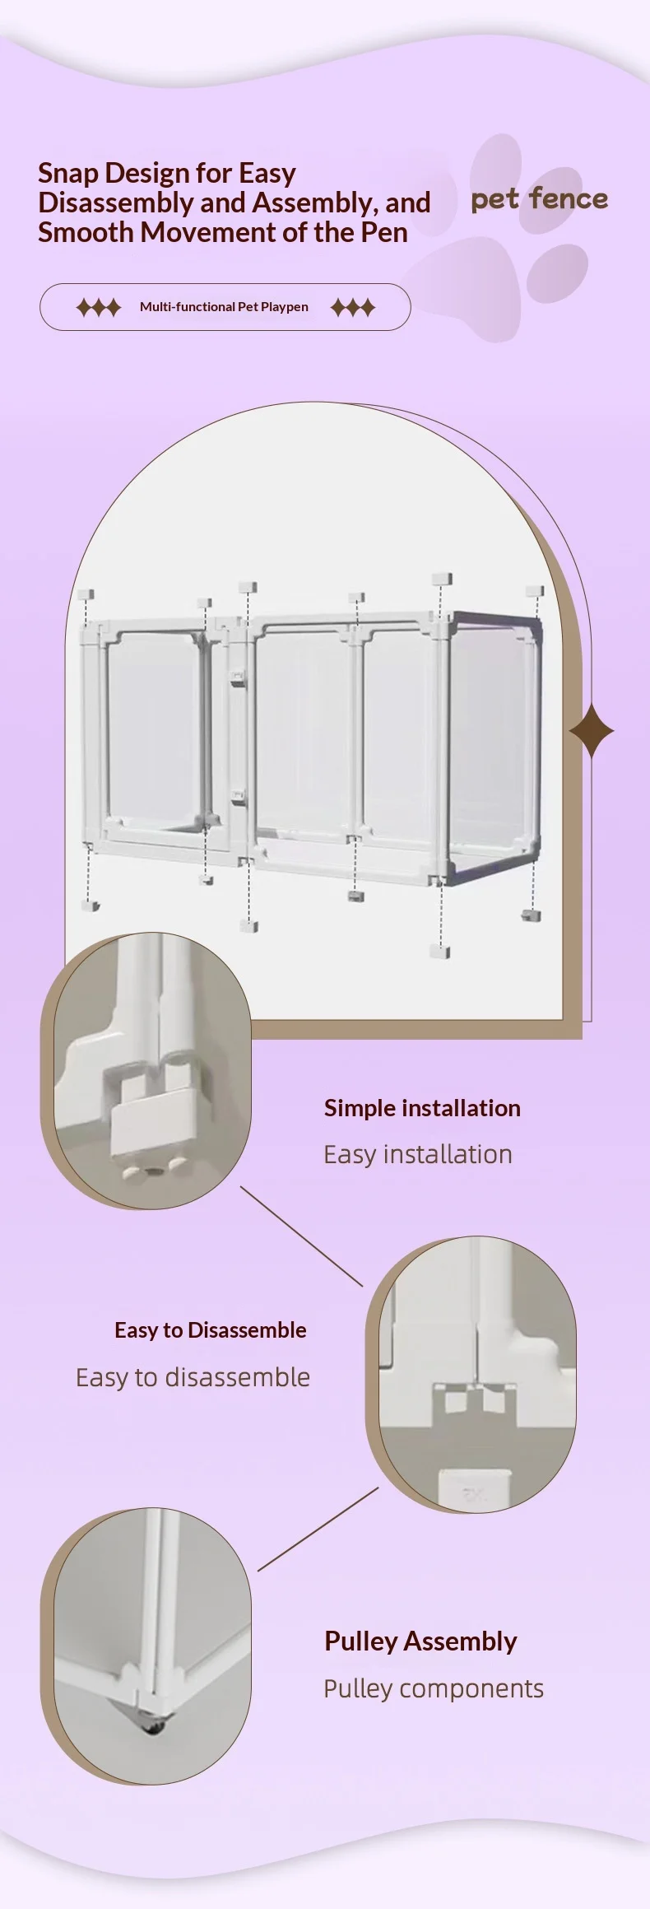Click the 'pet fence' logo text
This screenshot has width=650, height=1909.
click(x=539, y=199)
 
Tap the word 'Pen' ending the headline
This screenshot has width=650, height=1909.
click(x=384, y=232)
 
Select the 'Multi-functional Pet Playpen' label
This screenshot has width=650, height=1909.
click(x=224, y=307)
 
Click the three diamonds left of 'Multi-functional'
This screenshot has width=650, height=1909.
click(x=99, y=308)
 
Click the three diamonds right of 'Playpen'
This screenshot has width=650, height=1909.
click(x=353, y=308)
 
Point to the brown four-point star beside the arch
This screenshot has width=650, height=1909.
click(x=592, y=730)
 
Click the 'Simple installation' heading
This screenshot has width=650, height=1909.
click(x=422, y=1108)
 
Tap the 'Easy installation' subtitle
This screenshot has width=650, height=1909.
click(x=418, y=1154)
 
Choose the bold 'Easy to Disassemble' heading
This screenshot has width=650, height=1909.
click(x=211, y=1330)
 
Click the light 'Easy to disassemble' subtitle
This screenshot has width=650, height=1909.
click(x=193, y=1377)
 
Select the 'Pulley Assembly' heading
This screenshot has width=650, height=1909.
click(x=420, y=1641)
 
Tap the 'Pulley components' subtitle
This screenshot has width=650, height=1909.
click(x=434, y=1688)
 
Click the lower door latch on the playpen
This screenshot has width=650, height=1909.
click(x=238, y=797)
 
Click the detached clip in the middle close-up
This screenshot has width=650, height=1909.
click(x=474, y=1490)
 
